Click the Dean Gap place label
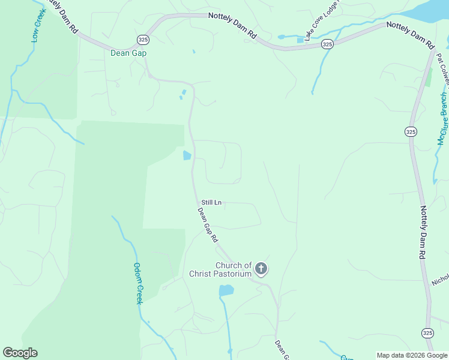tap(128, 53)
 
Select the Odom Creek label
tap(137, 283)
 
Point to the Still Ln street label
tap(211, 203)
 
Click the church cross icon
tap(261, 268)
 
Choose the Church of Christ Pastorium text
tap(221, 269)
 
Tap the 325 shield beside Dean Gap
tap(142, 39)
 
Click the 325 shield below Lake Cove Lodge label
tap(327, 44)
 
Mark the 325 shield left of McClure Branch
tap(411, 132)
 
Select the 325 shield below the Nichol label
tap(427, 332)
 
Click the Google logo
tap(20, 353)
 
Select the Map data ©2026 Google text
tap(412, 355)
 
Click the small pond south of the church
tap(226, 291)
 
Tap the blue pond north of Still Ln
tap(187, 155)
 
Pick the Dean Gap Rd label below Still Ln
tap(208, 224)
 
